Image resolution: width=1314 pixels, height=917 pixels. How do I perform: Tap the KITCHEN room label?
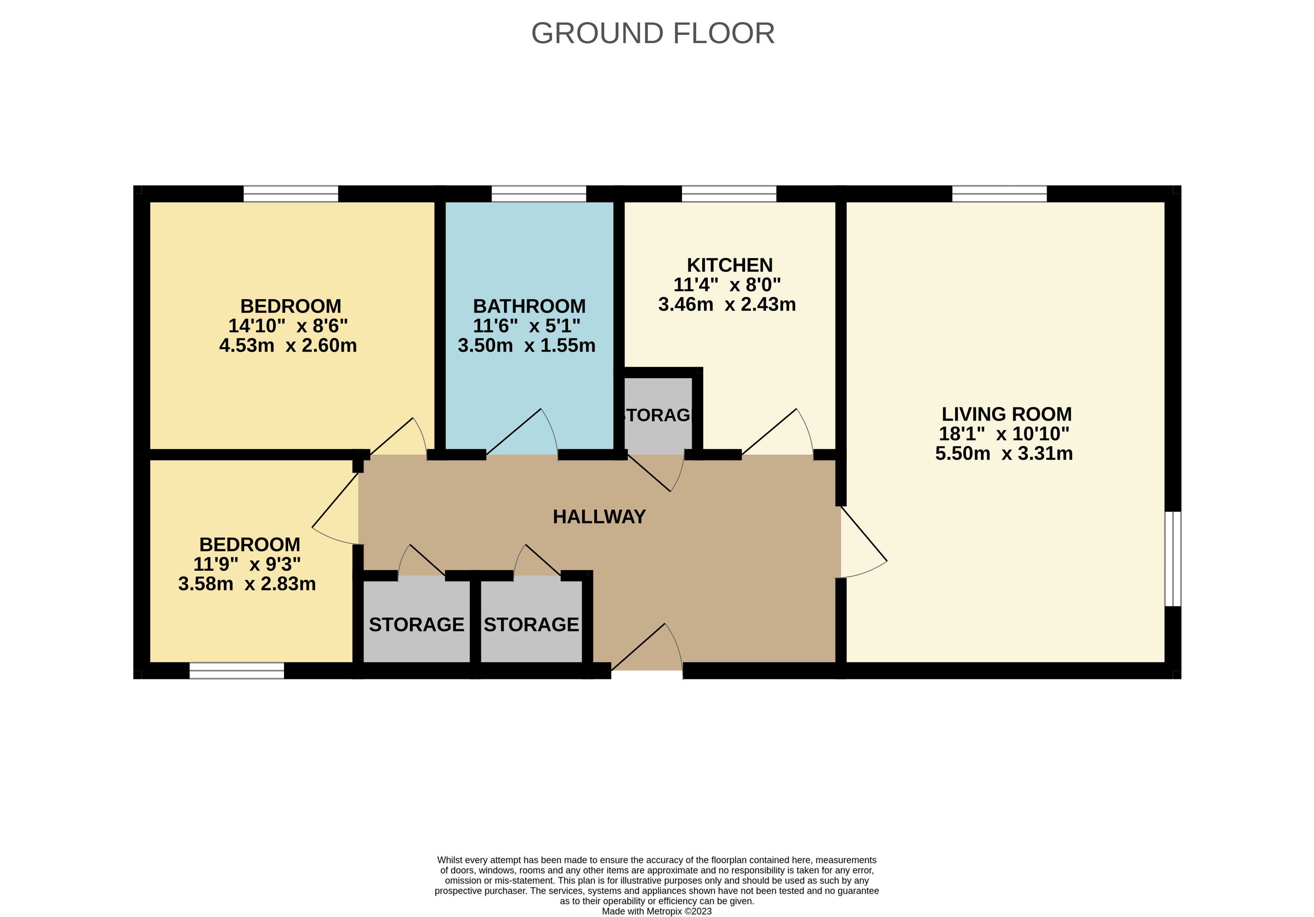coord(730,265)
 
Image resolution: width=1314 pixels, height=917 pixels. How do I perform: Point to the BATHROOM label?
coord(529,306)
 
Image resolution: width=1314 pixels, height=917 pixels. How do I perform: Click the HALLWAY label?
coord(599,517)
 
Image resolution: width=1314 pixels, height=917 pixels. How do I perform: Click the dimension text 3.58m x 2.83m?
coord(247,584)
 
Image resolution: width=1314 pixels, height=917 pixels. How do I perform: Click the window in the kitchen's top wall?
coord(729,193)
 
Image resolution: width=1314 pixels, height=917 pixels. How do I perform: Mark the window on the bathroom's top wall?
coord(538,193)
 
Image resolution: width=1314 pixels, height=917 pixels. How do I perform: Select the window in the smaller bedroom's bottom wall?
coord(237,671)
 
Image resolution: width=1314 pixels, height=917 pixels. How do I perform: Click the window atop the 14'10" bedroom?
coord(291,193)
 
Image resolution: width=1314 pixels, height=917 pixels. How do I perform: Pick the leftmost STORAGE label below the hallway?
coord(417,624)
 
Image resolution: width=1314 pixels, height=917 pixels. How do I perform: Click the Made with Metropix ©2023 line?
coord(657,911)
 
